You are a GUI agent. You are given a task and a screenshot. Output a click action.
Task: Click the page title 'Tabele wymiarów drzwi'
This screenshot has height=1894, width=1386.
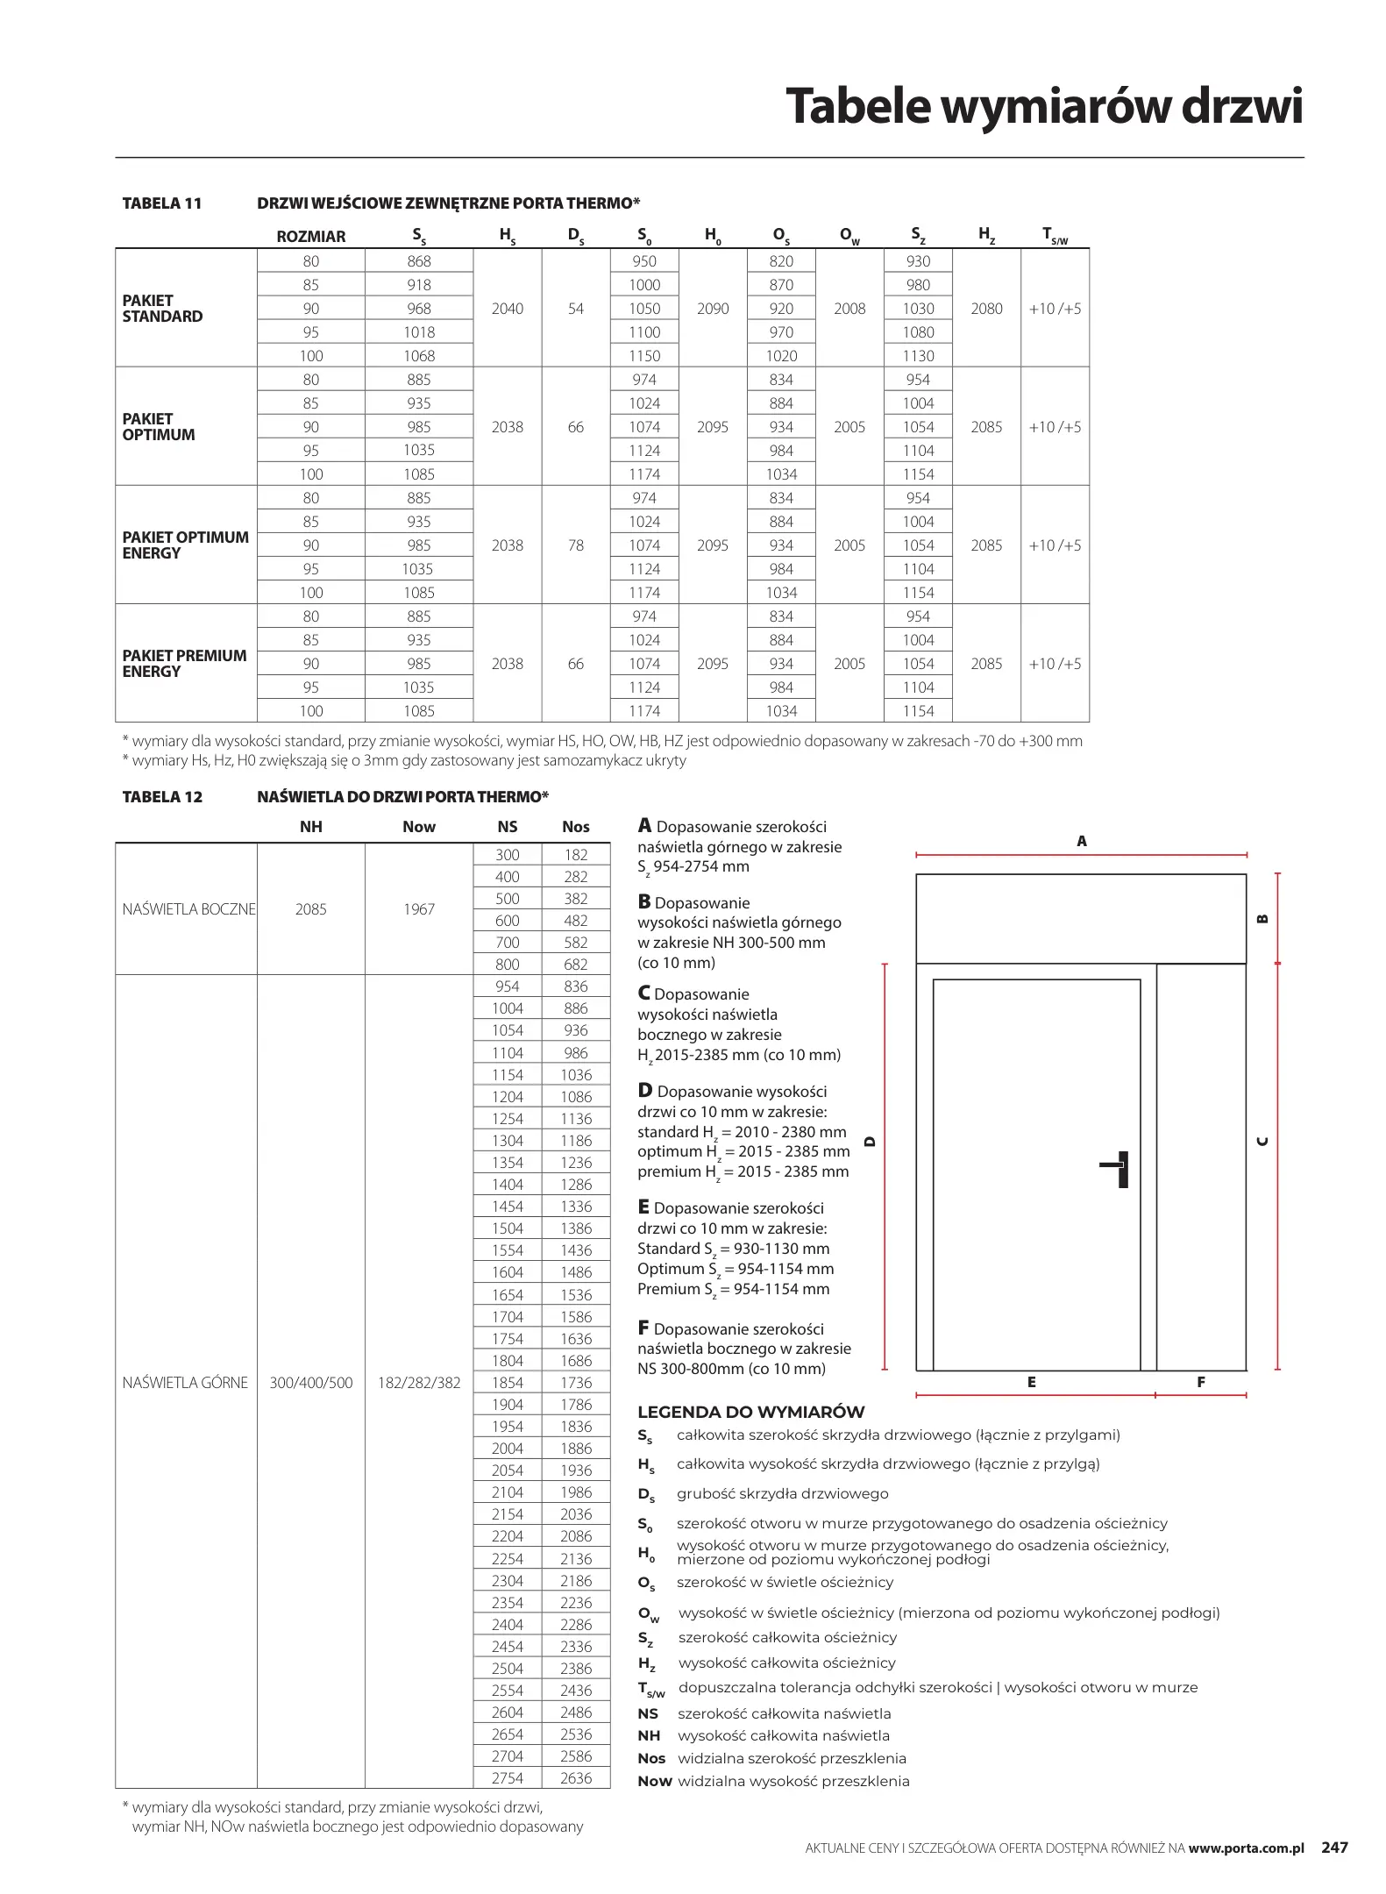point(1043,106)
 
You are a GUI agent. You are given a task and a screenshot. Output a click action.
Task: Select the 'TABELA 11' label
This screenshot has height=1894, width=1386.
point(162,203)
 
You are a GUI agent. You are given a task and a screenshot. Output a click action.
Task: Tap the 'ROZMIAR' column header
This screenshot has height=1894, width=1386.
point(310,237)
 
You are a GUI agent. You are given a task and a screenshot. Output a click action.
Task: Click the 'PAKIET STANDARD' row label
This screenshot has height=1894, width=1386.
point(162,308)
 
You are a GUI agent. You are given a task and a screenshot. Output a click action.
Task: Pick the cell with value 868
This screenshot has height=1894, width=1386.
point(419,261)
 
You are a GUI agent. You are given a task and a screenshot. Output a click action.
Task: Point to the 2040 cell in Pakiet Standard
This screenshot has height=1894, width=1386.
point(507,309)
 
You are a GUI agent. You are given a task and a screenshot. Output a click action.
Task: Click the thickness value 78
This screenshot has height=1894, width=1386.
point(575,545)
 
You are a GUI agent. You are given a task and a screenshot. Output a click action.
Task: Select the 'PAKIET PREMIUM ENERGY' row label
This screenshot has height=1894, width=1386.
point(184,663)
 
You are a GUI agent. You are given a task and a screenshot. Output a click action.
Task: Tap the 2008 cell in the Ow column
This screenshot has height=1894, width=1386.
point(849,309)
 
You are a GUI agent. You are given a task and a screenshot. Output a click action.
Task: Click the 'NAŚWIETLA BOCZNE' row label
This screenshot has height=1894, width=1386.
point(188,909)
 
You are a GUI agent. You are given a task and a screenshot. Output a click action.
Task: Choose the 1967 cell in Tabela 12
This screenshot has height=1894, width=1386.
point(419,909)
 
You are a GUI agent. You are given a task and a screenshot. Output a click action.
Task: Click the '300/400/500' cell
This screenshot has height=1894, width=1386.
point(310,1383)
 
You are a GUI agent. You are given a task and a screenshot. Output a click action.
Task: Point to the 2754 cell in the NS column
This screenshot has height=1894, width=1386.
point(507,1778)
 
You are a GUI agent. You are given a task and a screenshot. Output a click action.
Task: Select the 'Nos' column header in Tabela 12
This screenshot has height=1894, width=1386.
point(575,827)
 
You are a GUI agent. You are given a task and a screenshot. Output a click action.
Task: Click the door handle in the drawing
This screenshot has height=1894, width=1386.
point(1118,1168)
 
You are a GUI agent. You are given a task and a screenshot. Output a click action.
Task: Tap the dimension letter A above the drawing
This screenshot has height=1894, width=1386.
point(1081,841)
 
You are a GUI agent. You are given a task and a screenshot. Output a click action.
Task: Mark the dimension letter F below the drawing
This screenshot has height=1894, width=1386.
point(1200,1382)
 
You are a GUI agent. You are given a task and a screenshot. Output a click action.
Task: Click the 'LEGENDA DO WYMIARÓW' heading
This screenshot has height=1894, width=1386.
point(750,1413)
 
